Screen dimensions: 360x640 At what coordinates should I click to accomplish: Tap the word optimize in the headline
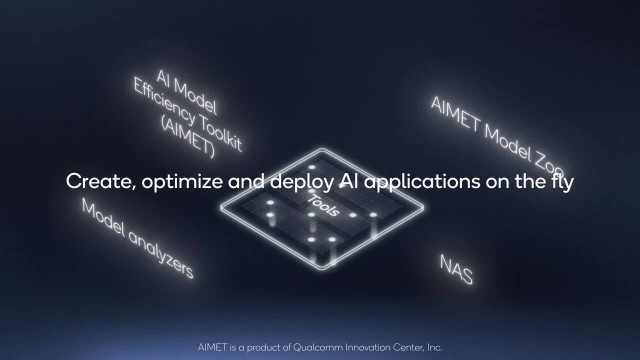pos(181,182)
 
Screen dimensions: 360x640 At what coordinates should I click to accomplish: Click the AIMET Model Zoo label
pos(497,133)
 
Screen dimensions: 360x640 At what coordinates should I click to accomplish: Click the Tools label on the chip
pos(323,205)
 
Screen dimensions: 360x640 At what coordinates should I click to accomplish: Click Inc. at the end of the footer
pos(433,347)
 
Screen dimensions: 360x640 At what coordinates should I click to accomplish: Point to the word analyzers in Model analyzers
pos(160,252)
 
